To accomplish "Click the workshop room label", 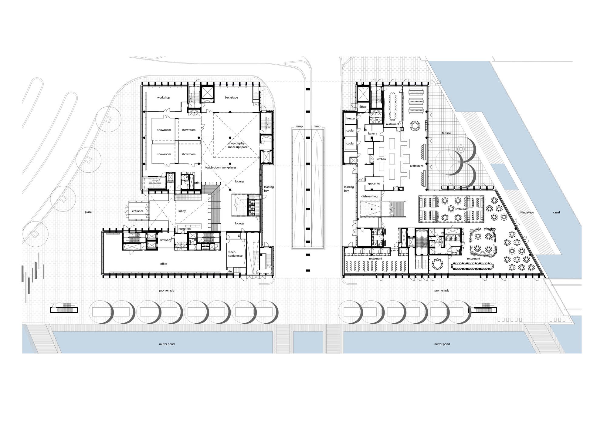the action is tap(164, 98).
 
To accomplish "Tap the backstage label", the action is tap(231, 98).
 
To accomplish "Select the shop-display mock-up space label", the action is tap(238, 145).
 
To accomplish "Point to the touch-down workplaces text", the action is tap(221, 167).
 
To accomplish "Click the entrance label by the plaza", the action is tap(137, 211).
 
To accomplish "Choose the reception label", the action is tap(185, 229).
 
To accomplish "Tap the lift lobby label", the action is tap(166, 240).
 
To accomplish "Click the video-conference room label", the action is tap(236, 254).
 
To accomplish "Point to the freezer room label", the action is tap(351, 119).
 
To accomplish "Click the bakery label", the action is tap(373, 133).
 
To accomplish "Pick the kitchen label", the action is tap(381, 159).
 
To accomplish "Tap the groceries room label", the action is tap(374, 184).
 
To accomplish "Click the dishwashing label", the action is tap(369, 196).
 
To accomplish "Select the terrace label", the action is tap(446, 133).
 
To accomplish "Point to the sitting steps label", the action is tap(526, 212).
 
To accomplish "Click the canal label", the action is tap(556, 212).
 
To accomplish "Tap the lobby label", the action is tap(182, 211).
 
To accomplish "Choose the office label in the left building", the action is tap(164, 264).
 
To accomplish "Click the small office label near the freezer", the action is tap(363, 107).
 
